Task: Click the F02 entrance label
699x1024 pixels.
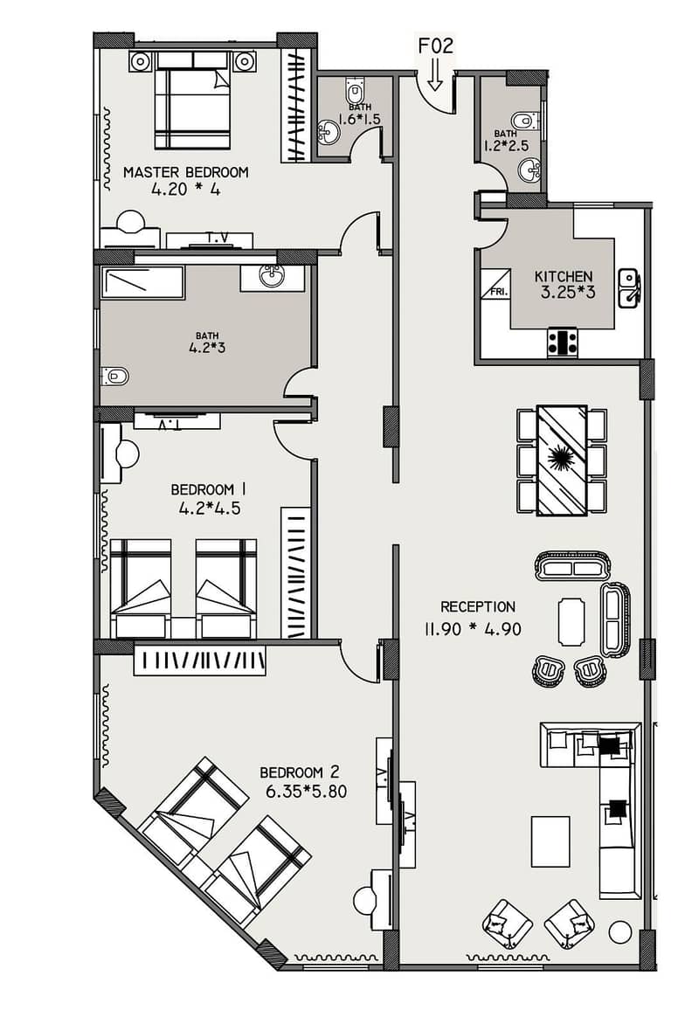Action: (435, 45)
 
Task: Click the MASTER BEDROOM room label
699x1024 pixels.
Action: (185, 172)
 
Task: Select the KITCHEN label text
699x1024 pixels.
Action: (563, 276)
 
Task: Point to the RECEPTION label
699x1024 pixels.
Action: (478, 606)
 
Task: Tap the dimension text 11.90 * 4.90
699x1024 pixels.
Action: (473, 630)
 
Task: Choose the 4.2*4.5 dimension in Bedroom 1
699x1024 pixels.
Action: (210, 509)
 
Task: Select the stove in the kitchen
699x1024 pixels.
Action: (562, 342)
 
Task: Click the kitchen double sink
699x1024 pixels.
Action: (629, 288)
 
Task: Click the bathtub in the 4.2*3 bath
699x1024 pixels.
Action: (142, 282)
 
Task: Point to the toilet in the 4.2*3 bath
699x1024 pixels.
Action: (115, 377)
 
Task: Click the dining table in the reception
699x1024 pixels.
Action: (561, 460)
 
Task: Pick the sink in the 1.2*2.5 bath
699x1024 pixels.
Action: (529, 171)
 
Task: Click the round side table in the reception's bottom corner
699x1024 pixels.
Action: (619, 932)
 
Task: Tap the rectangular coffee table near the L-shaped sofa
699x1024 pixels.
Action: (550, 841)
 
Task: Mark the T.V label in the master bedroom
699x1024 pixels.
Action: (218, 239)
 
